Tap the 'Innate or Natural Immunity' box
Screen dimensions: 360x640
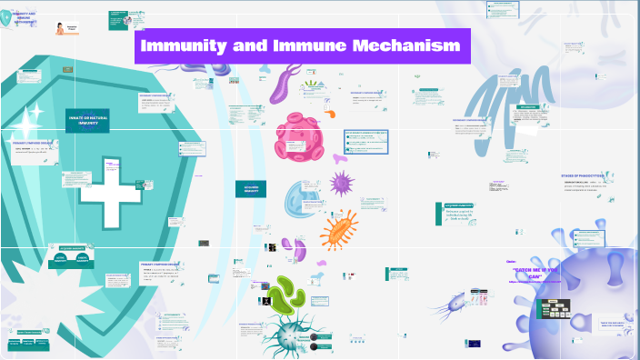88,122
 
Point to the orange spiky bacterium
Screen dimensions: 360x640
338,228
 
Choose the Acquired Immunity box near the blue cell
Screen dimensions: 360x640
251,189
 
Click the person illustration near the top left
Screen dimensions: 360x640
61,30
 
